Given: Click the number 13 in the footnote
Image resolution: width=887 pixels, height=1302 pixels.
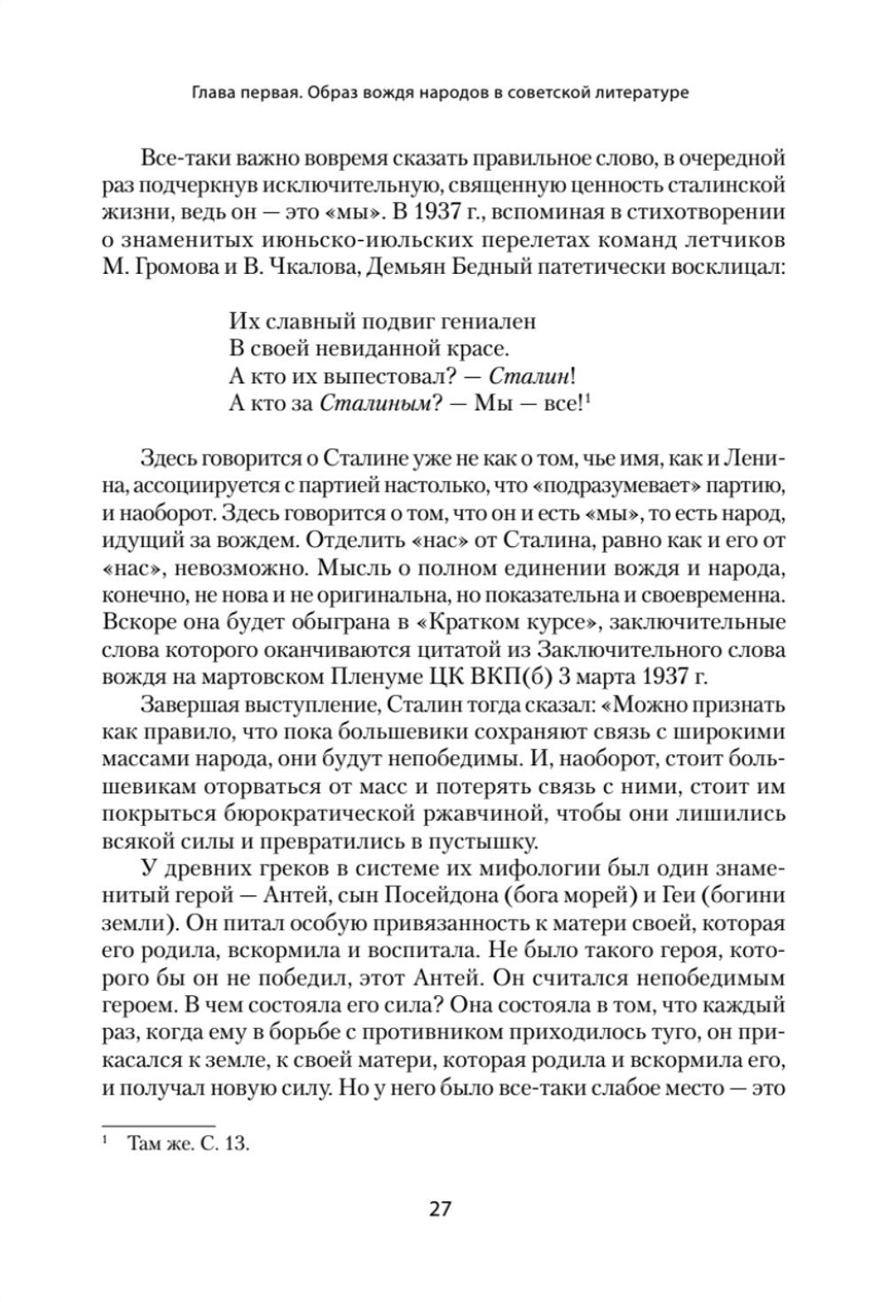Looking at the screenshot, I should point(236,1145).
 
